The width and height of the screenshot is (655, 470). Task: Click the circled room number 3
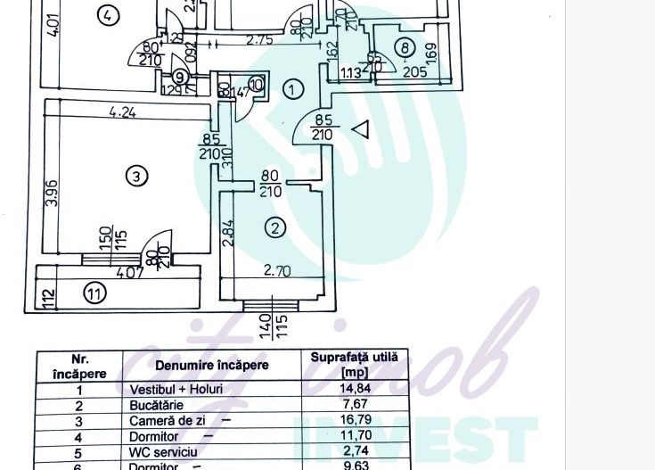tap(135, 177)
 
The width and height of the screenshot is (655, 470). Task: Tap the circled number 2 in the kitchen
tap(275, 228)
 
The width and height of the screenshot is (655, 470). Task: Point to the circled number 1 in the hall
tap(292, 88)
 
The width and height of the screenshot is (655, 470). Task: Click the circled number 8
tap(405, 48)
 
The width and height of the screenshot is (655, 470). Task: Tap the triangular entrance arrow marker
tap(360, 130)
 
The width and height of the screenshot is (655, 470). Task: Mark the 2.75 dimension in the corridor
tap(258, 40)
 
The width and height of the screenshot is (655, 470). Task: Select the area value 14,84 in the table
tap(356, 389)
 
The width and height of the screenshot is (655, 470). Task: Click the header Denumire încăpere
tap(212, 365)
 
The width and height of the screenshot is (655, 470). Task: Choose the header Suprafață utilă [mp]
tap(356, 364)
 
